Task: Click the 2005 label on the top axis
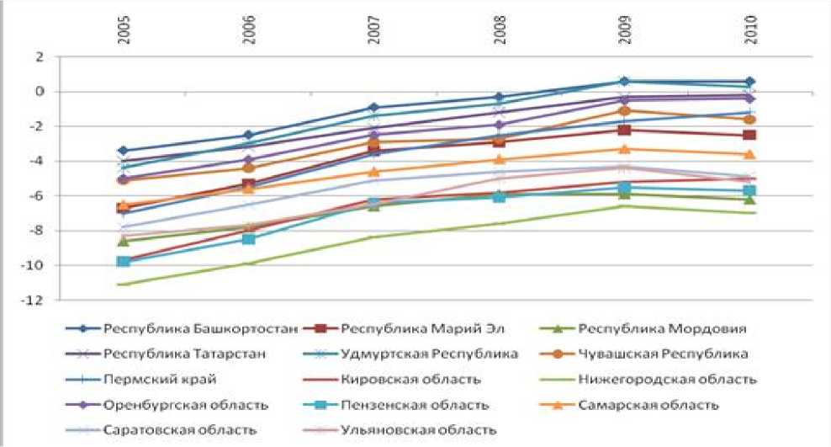pos(124,30)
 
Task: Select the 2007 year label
pos(373,30)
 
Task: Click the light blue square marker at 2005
pos(124,262)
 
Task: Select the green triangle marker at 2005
pos(124,242)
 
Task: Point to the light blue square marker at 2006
pos(249,239)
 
